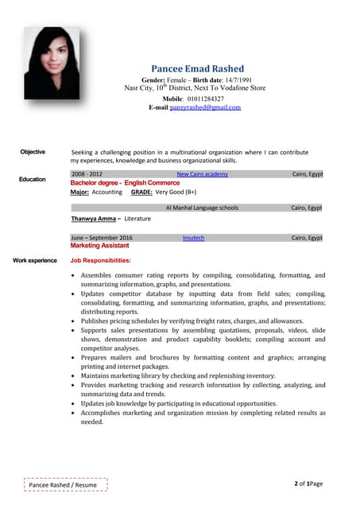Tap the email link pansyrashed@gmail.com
point(205,107)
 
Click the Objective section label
point(33,151)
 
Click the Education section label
point(33,180)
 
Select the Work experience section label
point(35,260)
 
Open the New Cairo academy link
point(202,173)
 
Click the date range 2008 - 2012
point(87,173)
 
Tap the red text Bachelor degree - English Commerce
point(125,182)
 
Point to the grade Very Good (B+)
point(176,192)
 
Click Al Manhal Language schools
point(202,208)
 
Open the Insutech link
point(193,238)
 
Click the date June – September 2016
point(102,238)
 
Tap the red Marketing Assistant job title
point(100,247)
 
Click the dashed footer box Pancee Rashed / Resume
point(63,484)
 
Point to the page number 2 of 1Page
point(308,484)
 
